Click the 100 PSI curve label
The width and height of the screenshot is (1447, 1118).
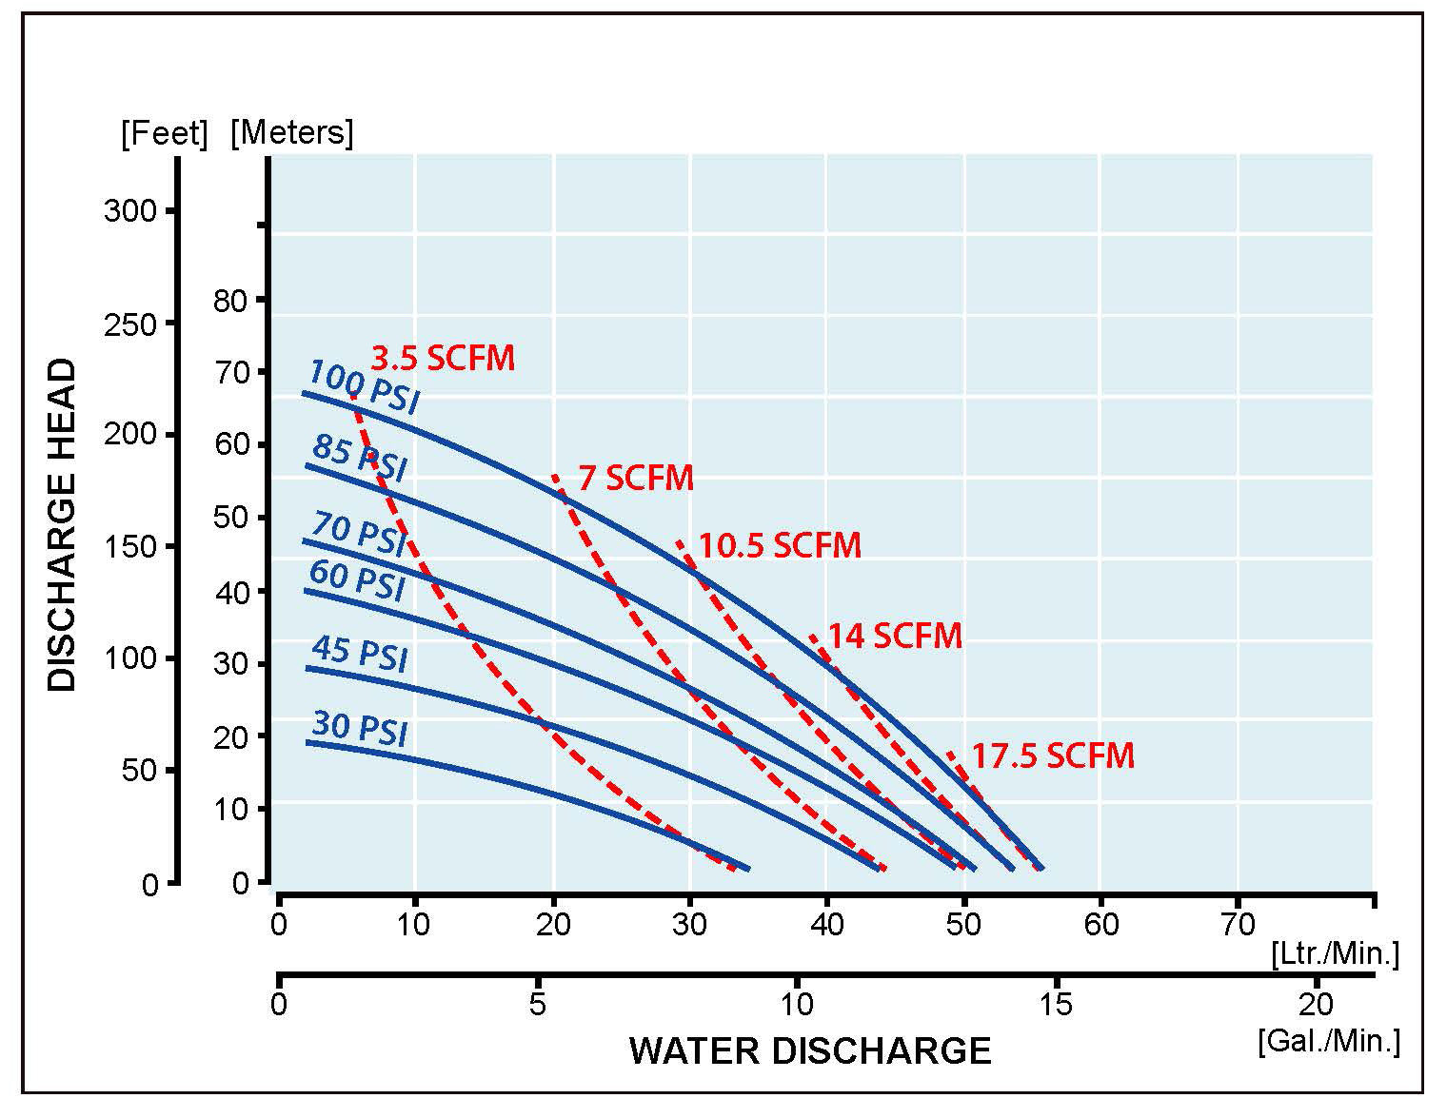364,386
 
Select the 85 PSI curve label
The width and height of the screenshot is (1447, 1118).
359,458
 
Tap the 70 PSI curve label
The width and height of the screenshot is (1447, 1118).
358,533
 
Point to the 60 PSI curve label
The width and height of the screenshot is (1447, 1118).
357,579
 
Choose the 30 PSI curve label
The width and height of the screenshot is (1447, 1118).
359,728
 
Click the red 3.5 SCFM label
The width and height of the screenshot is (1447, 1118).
443,359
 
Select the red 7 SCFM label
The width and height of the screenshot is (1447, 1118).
636,478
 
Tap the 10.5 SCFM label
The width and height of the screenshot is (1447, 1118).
780,546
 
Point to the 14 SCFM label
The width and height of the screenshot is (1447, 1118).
895,636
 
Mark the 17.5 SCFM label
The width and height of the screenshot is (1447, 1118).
1053,756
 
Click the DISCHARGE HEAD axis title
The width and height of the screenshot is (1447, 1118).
62,524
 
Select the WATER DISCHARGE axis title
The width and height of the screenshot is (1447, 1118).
810,1051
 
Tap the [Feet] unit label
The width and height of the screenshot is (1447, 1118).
164,133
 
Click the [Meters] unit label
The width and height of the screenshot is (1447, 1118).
291,132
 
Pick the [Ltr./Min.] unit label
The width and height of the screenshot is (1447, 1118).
1335,954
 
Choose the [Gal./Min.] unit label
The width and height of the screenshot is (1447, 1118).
1329,1041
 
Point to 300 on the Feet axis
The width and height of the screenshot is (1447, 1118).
130,210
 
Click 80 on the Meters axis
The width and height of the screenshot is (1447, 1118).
229,301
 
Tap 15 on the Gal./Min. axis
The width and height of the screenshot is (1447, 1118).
1056,1004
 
